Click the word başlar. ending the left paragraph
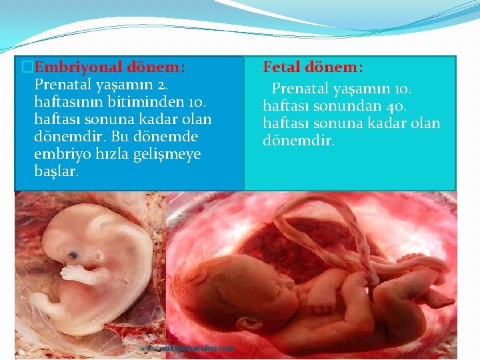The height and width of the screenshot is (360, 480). tap(56, 171)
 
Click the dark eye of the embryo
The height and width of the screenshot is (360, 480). tap(72, 254)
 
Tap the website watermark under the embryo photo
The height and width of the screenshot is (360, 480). tap(187, 348)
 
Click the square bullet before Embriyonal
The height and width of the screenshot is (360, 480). tap(27, 67)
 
